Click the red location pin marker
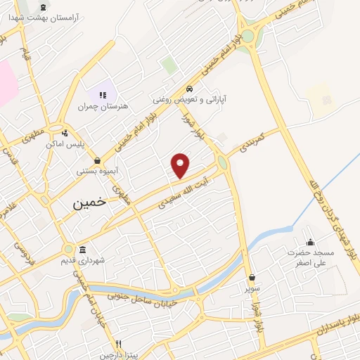(181, 165)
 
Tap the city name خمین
(89, 201)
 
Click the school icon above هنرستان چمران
(103, 95)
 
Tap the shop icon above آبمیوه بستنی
(96, 160)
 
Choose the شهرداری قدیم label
(103, 261)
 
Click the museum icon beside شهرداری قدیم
(83, 250)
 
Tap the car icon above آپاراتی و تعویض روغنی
(190, 89)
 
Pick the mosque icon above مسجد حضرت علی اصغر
(310, 242)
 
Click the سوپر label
(252, 288)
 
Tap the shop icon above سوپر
(252, 277)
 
